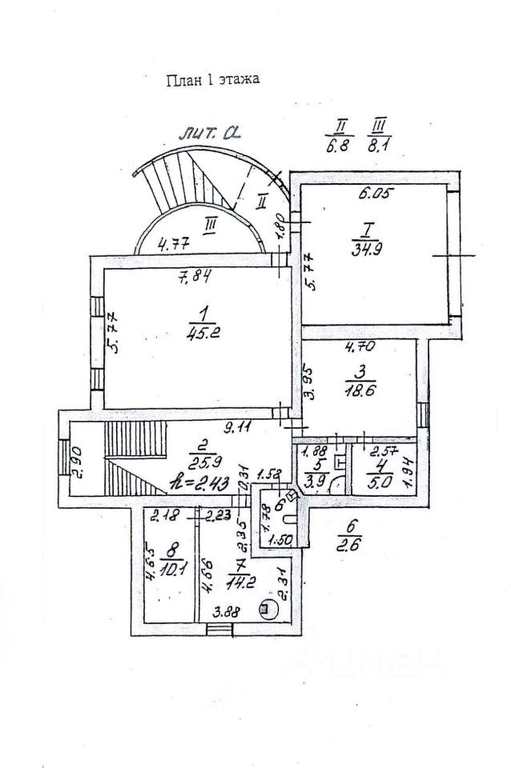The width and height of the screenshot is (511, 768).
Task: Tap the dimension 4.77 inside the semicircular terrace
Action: coord(173,245)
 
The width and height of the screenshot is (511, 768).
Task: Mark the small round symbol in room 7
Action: coord(264,609)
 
